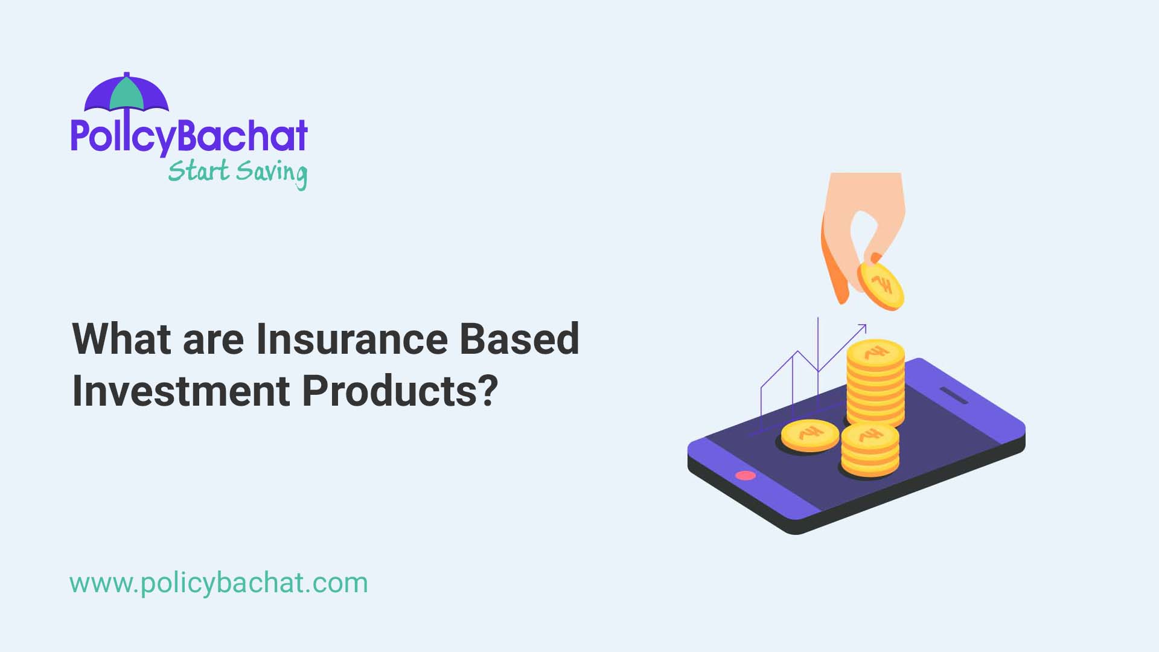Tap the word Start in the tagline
click(199, 171)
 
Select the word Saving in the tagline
click(272, 173)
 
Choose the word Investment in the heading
click(181, 391)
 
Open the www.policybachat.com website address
click(219, 583)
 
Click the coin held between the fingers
click(881, 286)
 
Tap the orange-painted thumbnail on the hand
click(875, 258)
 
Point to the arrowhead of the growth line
click(863, 328)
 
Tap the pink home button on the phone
click(746, 475)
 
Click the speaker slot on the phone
click(954, 395)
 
